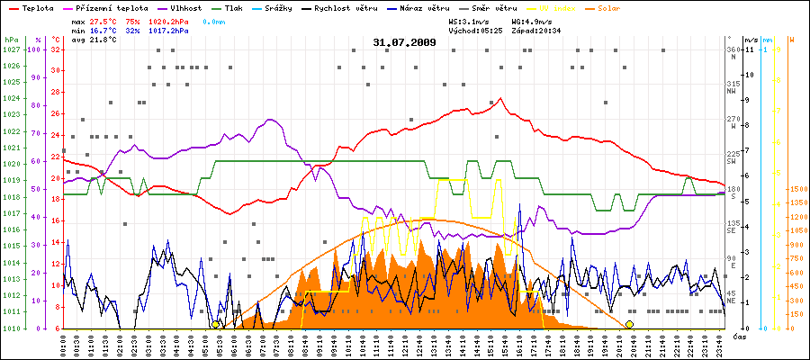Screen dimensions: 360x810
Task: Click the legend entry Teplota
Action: pyautogui.click(x=34, y=7)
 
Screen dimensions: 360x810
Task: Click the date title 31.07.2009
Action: pyautogui.click(x=404, y=41)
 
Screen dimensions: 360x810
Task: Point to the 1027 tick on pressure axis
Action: pyautogui.click(x=11, y=49)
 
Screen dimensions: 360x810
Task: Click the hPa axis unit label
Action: pyautogui.click(x=11, y=40)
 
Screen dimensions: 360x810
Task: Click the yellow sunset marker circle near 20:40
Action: pyautogui.click(x=629, y=324)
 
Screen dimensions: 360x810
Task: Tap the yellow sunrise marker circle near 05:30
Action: pyautogui.click(x=216, y=324)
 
